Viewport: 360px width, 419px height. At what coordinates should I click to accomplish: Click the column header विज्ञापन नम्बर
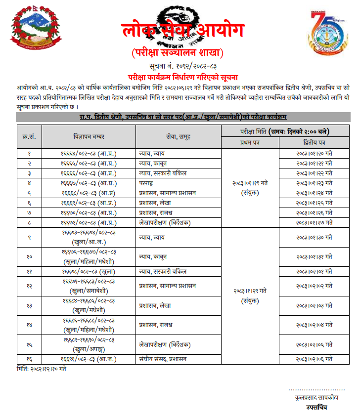point(89,136)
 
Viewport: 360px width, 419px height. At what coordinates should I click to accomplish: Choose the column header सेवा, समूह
point(179,136)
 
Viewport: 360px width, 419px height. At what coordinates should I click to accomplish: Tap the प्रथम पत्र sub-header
point(250,142)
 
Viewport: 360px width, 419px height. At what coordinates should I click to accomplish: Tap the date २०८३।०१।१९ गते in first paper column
point(250,183)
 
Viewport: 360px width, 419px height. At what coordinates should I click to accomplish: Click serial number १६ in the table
point(29,359)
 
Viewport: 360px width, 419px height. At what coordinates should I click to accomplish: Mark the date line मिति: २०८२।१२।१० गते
point(42,369)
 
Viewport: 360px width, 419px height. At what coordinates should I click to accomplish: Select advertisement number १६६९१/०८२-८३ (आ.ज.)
point(89,359)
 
